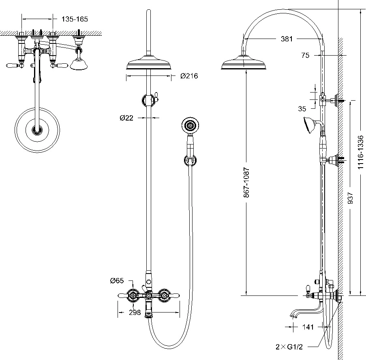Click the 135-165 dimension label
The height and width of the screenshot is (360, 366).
(75, 19)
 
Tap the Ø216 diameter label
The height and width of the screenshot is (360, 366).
(189, 76)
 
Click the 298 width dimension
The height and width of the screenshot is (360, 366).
(135, 313)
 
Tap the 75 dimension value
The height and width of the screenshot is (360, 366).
(305, 56)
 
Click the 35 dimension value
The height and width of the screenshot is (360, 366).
(302, 108)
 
